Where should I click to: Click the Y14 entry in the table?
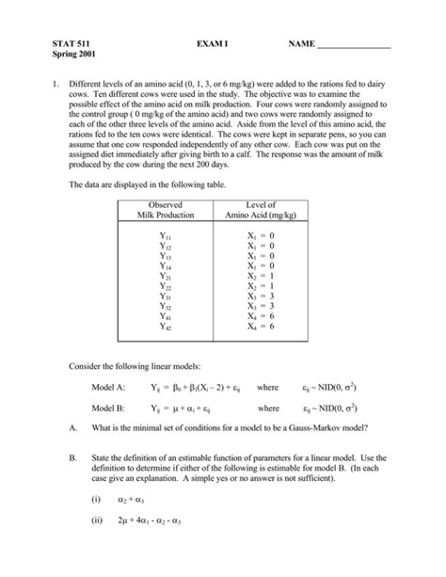pyautogui.click(x=164, y=266)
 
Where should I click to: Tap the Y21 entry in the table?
pyautogui.click(x=164, y=277)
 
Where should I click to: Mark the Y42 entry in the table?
pyautogui.click(x=164, y=327)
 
